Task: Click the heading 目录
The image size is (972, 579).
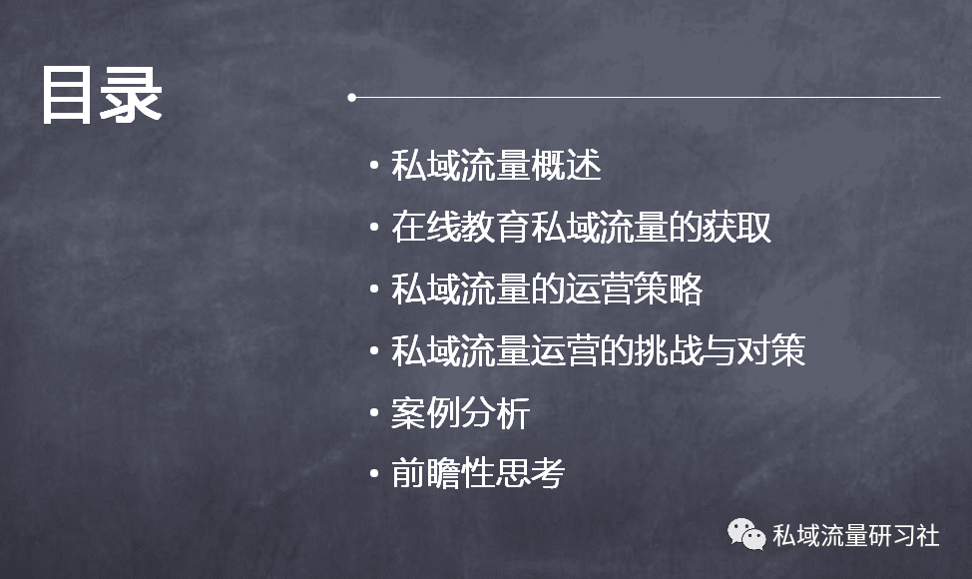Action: [102, 96]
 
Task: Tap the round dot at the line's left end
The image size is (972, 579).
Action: [352, 97]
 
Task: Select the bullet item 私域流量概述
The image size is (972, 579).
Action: [496, 166]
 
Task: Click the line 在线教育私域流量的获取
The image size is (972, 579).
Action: [581, 227]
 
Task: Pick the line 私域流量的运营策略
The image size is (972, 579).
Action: [547, 289]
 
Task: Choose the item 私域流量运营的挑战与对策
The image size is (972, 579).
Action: [598, 350]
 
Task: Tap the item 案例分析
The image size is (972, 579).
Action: [461, 412]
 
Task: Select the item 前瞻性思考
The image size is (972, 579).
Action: [478, 473]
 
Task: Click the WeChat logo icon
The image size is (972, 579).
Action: [746, 534]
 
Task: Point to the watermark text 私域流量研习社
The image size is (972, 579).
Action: [856, 536]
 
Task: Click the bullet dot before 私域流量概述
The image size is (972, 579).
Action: [374, 166]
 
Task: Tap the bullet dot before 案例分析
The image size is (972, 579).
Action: [374, 412]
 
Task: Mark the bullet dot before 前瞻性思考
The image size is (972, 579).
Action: [374, 473]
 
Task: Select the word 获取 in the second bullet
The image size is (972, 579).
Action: [736, 227]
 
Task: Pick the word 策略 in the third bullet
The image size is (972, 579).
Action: [668, 289]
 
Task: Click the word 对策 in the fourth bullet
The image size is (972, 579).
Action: [771, 350]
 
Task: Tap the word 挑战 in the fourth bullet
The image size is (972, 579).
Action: [667, 350]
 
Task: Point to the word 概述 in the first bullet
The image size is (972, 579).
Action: [567, 166]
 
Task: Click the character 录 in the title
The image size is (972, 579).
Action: [132, 96]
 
